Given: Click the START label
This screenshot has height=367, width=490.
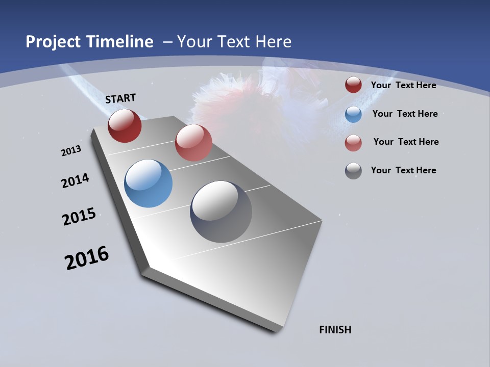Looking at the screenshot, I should (120, 98).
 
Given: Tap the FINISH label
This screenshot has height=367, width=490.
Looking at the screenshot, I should (335, 330).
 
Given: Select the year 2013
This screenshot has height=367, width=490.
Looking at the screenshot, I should (71, 151).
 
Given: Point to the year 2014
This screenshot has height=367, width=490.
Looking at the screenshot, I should (75, 180).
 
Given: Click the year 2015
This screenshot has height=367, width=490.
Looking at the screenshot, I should (79, 217).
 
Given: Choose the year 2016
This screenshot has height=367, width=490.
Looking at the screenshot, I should (87, 258).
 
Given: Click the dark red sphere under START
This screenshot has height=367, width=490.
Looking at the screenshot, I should (125, 125).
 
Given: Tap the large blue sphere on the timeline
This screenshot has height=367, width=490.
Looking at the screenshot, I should (148, 183).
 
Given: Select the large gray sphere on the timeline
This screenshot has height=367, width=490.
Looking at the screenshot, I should (221, 212).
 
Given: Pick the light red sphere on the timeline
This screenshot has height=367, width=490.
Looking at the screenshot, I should (193, 143).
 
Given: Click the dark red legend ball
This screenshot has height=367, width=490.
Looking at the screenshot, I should (353, 85).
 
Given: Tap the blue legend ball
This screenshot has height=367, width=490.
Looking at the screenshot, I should (353, 114).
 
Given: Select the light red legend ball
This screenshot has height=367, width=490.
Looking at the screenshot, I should (353, 143).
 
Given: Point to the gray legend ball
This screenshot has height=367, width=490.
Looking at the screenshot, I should (353, 171).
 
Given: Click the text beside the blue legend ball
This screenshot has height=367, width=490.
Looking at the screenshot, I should (405, 114).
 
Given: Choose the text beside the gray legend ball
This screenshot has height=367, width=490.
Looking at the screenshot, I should (403, 170).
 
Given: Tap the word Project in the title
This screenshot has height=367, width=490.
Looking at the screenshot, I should (54, 42).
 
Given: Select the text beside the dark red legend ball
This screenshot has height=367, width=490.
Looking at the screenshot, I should (403, 85).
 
